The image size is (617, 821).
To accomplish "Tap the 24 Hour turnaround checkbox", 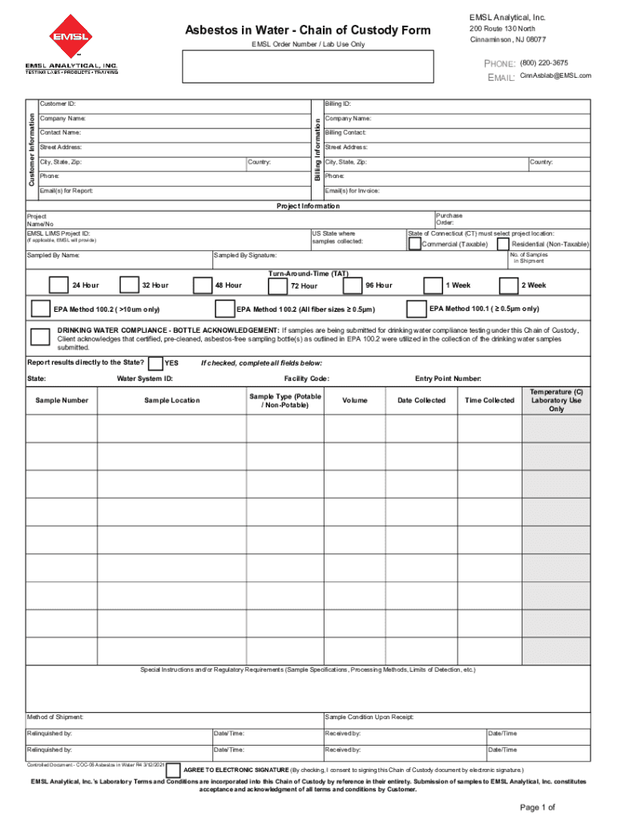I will [58, 285].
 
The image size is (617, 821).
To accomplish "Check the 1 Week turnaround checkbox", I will [433, 285].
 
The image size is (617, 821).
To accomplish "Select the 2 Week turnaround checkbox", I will [508, 285].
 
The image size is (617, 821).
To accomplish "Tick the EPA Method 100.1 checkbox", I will [416, 309].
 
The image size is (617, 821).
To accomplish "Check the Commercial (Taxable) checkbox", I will [414, 244].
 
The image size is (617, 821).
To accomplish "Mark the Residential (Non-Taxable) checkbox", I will [503, 244].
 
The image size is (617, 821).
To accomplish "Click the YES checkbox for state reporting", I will [156, 362].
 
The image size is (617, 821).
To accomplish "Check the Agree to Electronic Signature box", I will [173, 770].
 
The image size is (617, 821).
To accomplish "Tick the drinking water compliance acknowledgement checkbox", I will [39, 338].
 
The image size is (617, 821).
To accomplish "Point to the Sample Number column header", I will [62, 400].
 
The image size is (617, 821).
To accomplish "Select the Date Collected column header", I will [421, 400].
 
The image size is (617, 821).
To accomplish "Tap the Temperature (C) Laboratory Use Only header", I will [556, 400].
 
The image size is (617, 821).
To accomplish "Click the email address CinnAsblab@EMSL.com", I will [555, 75].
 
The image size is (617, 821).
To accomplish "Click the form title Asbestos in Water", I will [308, 30].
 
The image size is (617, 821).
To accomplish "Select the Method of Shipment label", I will [55, 717].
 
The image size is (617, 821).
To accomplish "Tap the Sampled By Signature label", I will [246, 255].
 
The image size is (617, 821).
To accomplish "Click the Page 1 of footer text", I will [537, 807].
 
